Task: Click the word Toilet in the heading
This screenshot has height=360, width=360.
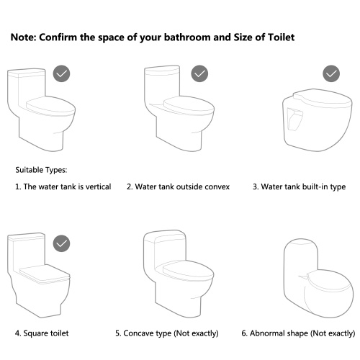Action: coord(281,37)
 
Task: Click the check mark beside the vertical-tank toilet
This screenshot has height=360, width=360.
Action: coord(61,73)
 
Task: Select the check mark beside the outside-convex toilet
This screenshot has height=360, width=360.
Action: coord(199,73)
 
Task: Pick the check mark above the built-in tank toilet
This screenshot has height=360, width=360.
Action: coord(331,73)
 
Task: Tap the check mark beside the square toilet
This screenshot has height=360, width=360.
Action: coord(61,243)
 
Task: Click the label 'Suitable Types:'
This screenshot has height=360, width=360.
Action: coord(41,170)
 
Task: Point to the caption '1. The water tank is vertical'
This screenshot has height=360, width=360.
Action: coord(63,186)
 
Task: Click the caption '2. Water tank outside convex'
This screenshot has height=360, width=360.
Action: coord(178,186)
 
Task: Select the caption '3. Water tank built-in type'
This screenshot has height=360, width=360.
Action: coord(300,186)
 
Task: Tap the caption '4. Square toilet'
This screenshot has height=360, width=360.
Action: coord(42,333)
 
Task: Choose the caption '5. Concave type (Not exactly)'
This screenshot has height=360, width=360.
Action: coord(167,333)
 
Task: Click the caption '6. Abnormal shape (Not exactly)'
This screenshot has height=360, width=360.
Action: coord(298,333)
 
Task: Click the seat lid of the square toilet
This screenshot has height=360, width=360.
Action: coord(45,274)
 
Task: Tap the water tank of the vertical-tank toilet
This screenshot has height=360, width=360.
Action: coord(27,89)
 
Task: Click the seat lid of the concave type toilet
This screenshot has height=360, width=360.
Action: coord(189,271)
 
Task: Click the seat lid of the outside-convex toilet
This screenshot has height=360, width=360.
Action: coord(189,105)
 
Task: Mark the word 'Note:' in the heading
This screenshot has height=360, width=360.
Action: coord(23,37)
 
